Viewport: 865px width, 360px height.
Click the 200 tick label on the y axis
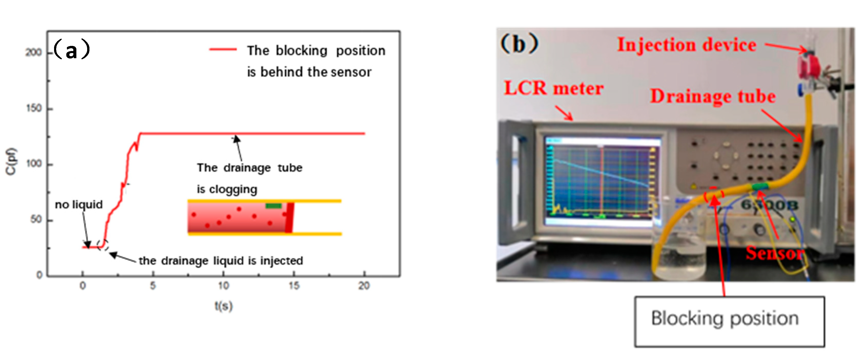coord(34,52)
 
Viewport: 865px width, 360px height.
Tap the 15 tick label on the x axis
coord(294,286)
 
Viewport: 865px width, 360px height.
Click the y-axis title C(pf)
coord(11,161)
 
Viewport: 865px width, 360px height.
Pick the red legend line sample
coord(223,49)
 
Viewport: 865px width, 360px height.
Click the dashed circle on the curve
coord(103,245)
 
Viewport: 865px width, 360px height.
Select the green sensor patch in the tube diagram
coord(273,206)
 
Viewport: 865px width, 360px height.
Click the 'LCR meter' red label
coord(554,88)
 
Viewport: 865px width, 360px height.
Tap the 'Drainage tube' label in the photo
coord(713,96)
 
